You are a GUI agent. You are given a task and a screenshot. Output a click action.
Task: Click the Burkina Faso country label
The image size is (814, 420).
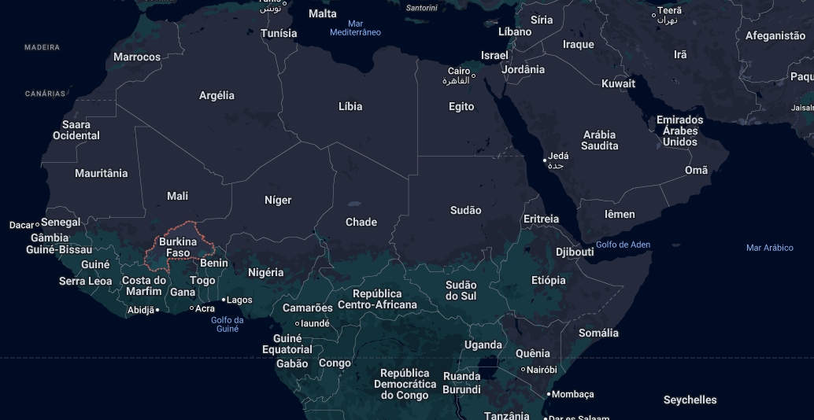point(178,247)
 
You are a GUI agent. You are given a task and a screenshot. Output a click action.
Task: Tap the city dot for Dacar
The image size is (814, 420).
point(37,225)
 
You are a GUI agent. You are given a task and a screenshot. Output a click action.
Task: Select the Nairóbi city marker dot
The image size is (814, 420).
point(523,370)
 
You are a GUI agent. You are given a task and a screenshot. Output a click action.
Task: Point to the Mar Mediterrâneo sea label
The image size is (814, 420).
point(355,28)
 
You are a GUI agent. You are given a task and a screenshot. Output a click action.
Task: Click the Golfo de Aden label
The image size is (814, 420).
point(623,245)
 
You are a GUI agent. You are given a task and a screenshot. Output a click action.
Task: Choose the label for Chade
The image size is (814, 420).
point(361,222)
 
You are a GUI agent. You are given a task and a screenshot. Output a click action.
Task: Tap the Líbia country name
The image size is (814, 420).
point(350,106)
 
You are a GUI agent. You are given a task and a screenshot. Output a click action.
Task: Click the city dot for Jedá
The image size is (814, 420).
point(544,160)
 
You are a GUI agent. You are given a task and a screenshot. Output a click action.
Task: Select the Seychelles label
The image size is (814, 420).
point(690,400)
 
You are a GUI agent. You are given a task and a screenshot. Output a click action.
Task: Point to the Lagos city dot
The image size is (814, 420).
point(224,300)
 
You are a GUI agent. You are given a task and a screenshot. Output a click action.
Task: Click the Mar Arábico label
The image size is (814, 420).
point(769,248)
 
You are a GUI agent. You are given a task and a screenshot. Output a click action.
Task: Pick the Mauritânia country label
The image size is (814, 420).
point(101,173)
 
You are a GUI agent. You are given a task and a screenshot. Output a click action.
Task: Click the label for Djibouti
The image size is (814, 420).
point(575,252)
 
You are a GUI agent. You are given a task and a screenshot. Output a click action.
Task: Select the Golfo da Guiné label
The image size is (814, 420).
point(228,324)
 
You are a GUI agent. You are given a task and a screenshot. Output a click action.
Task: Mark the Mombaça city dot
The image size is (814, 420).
point(549,394)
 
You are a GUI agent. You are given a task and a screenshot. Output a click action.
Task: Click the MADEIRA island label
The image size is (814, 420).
point(42,47)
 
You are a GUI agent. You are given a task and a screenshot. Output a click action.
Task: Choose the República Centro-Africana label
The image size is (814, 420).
point(377,299)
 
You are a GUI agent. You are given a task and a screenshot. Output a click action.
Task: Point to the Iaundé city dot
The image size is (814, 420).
point(297,323)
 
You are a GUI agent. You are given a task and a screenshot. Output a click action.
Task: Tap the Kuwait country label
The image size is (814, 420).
point(618,83)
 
